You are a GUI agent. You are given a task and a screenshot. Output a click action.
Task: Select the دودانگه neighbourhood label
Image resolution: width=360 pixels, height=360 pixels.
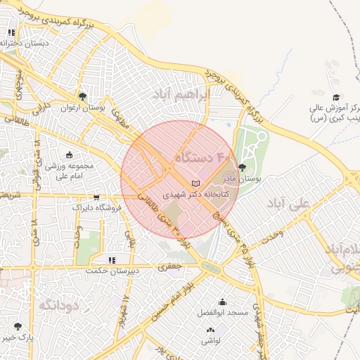click(x=58, y=304)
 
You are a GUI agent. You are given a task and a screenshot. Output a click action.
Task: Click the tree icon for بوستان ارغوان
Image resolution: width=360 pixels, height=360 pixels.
click(x=82, y=96)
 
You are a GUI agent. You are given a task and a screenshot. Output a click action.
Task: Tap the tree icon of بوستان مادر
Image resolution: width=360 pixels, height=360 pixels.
click(x=243, y=167)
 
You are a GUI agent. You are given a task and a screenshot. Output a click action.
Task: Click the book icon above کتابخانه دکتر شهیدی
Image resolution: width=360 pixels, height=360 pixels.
click(x=186, y=184)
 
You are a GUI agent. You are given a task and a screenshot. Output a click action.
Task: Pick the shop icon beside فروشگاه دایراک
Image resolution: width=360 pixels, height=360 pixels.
click(x=96, y=197)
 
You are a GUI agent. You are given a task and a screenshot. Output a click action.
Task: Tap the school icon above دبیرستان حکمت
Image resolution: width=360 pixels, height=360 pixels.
click(x=112, y=260)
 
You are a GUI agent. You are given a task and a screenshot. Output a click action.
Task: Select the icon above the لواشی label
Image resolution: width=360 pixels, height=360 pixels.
click(x=210, y=330)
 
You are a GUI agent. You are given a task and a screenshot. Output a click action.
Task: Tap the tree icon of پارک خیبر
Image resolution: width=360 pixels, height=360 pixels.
click(x=18, y=326)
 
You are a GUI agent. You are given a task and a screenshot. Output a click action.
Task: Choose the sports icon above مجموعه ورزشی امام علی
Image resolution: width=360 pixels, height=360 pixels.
click(x=69, y=155)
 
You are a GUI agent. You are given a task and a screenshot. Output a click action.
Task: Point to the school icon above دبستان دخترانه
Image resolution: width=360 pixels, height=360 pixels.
click(x=12, y=32)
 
